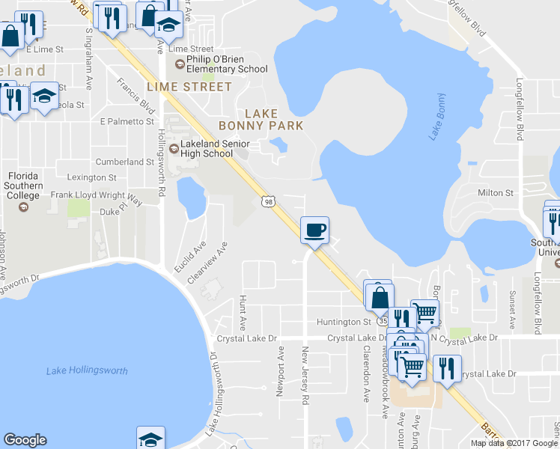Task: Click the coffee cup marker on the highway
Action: pyautogui.click(x=314, y=230)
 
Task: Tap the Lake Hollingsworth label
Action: pyautogui.click(x=87, y=371)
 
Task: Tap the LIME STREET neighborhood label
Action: pyautogui.click(x=189, y=87)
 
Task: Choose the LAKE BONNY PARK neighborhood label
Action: pyautogui.click(x=259, y=119)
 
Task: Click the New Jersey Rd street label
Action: pyautogui.click(x=305, y=376)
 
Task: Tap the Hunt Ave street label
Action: pyautogui.click(x=242, y=313)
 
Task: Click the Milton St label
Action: pyautogui.click(x=496, y=193)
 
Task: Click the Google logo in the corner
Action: pyautogui.click(x=25, y=440)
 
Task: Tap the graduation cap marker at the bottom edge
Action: pyautogui.click(x=150, y=439)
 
